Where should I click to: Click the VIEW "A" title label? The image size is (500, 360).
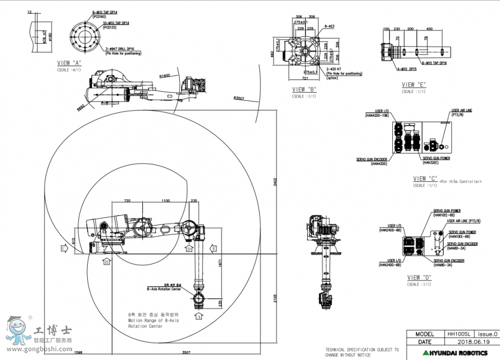(x=69, y=63)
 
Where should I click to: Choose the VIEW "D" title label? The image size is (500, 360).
(x=419, y=277)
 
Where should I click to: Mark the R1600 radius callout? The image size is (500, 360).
(x=164, y=76)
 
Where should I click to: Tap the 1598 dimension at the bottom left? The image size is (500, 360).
(x=78, y=352)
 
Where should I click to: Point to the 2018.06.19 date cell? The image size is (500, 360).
(x=473, y=342)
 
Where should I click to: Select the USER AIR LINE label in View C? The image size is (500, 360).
(x=462, y=111)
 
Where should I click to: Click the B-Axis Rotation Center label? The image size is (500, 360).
(x=164, y=289)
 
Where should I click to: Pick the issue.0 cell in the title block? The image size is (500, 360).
(x=488, y=334)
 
